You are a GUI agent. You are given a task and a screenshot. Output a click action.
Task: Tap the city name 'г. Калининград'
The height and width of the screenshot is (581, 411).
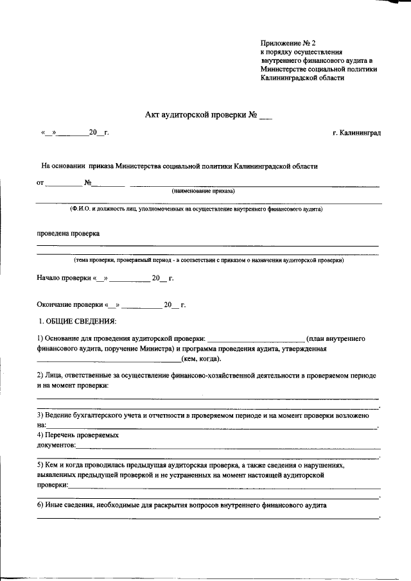[x=356, y=132]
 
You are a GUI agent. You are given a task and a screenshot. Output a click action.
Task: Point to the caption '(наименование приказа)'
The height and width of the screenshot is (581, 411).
[x=203, y=191]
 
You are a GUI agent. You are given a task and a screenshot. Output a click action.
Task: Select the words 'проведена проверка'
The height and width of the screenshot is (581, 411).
[x=67, y=234]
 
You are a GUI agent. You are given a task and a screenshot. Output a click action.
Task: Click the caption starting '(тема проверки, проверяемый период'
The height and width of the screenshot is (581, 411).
[x=209, y=260]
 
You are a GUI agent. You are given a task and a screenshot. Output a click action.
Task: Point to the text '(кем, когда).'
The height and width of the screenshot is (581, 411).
[x=201, y=359]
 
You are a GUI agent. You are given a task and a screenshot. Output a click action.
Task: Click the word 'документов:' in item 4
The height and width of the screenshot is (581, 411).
[x=57, y=444]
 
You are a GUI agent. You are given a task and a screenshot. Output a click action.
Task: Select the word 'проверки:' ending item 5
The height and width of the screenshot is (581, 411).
[x=52, y=486]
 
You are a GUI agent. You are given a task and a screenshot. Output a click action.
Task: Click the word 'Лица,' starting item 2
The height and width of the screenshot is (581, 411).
[x=53, y=374]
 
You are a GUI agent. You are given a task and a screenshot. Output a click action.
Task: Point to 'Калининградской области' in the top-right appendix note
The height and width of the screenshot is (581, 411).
[x=302, y=78]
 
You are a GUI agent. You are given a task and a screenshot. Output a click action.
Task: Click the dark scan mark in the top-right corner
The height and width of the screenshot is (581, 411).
[x=395, y=3]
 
